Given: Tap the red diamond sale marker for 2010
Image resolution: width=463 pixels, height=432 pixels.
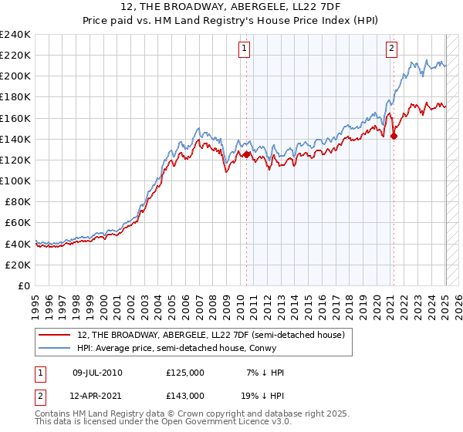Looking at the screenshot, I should tap(247, 154).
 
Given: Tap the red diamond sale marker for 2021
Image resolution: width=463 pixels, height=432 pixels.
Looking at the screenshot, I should tap(394, 136).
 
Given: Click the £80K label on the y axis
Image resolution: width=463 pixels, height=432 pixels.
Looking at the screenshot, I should tap(17, 201).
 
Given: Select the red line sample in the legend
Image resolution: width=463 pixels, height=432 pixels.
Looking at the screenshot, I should tap(56, 334).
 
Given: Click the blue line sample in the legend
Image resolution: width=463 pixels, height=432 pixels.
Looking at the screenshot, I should tap(56, 348).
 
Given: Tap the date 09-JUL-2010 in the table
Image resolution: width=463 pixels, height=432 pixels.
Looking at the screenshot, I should tap(97, 373).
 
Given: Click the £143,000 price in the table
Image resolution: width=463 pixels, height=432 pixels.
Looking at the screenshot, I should tap(185, 395).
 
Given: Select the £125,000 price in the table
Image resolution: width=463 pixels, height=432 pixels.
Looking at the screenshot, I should tap(185, 373).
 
